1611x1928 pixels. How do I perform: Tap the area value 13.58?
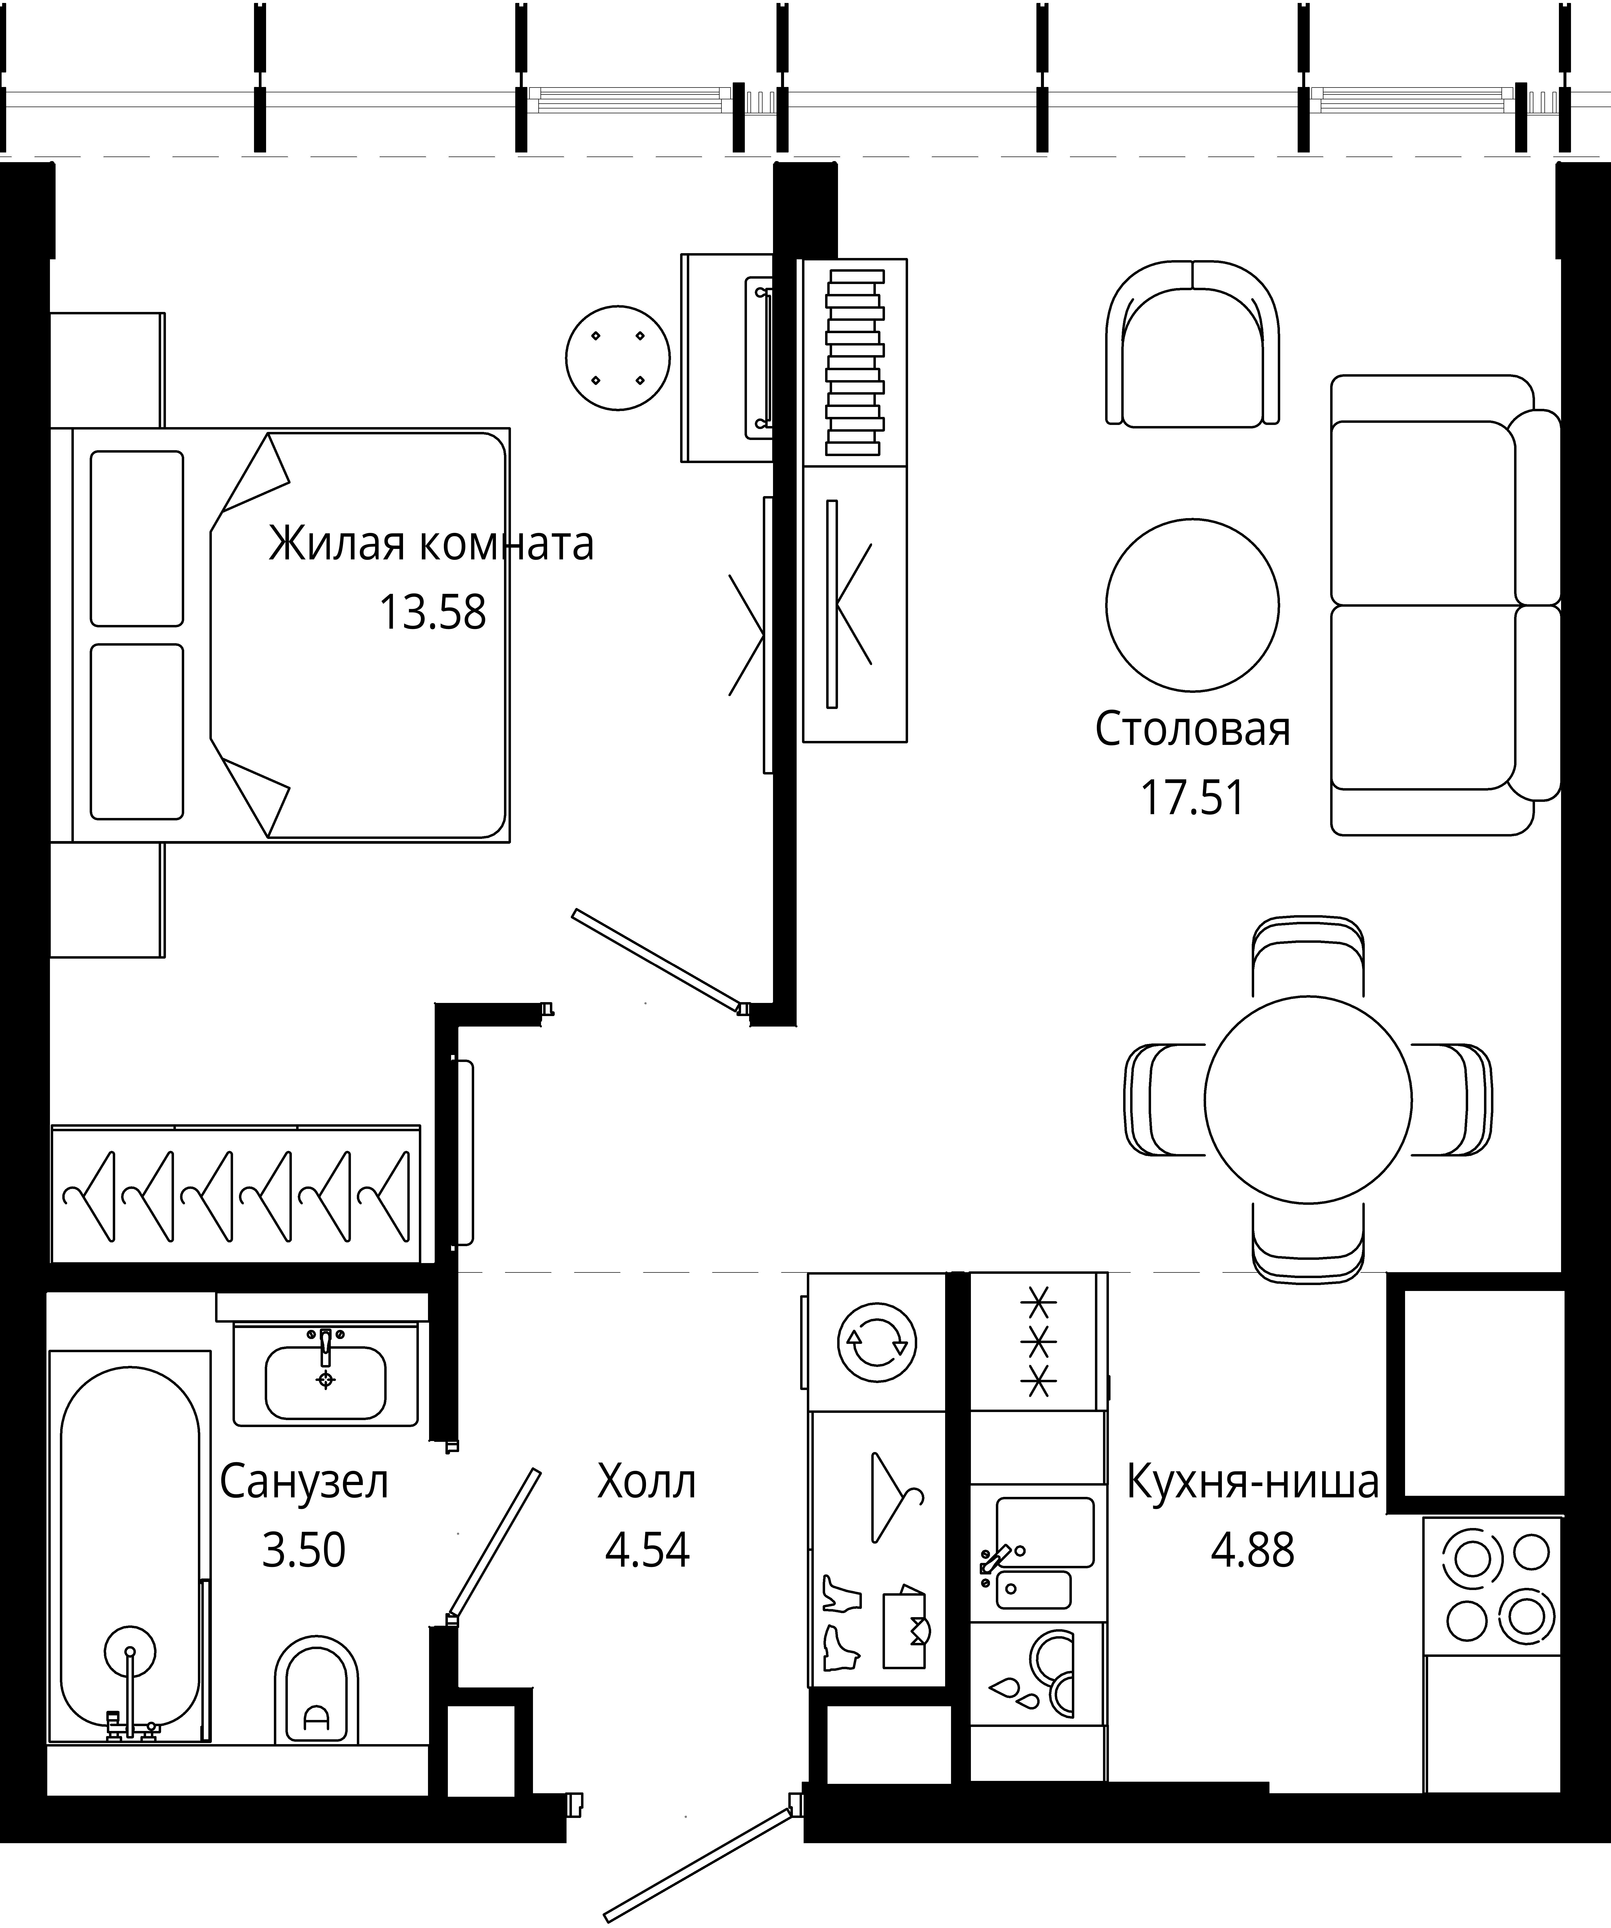coord(433,612)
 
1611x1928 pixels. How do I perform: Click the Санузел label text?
coord(304,1482)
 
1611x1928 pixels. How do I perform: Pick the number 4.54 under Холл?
coord(648,1550)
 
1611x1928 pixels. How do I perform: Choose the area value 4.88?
coord(1253,1550)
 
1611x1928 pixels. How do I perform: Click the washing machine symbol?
coord(877,1342)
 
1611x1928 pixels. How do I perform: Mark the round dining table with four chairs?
coord(1308,1100)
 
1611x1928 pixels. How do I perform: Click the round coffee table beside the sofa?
coord(1192,605)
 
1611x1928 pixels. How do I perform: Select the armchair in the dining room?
coord(1192,343)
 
